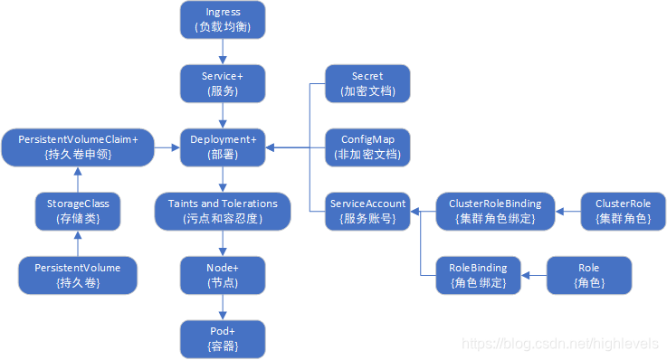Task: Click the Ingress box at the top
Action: [223, 19]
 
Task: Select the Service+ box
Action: [223, 83]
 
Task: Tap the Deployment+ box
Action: [223, 147]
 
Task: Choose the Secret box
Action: [367, 83]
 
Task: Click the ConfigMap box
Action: [367, 147]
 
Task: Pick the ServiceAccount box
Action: [367, 211]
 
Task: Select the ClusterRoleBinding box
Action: [495, 211]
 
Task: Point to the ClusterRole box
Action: [622, 211]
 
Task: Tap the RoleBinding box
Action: [478, 275]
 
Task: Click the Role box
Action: [588, 275]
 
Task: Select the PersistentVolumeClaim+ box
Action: [77, 147]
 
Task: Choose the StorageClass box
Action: [77, 211]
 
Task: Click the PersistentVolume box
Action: [77, 275]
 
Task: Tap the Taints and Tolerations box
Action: [223, 211]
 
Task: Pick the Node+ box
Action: [223, 275]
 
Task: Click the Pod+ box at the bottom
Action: [223, 338]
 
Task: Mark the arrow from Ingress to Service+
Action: [223, 52]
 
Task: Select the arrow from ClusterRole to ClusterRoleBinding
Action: [567, 211]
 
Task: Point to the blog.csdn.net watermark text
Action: [560, 345]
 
